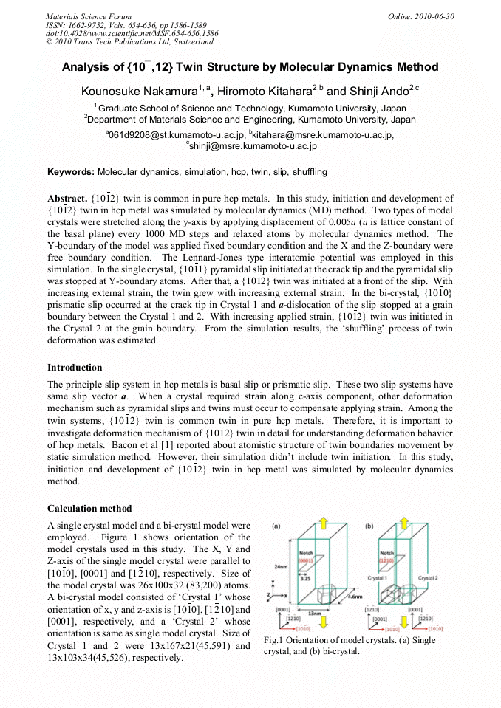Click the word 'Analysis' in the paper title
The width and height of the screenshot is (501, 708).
pyautogui.click(x=86, y=67)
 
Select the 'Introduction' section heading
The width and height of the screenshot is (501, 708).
pyautogui.click(x=75, y=367)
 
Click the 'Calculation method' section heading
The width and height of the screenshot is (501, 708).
pyautogui.click(x=89, y=508)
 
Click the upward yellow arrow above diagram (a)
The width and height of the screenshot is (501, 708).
pyautogui.click(x=324, y=522)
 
